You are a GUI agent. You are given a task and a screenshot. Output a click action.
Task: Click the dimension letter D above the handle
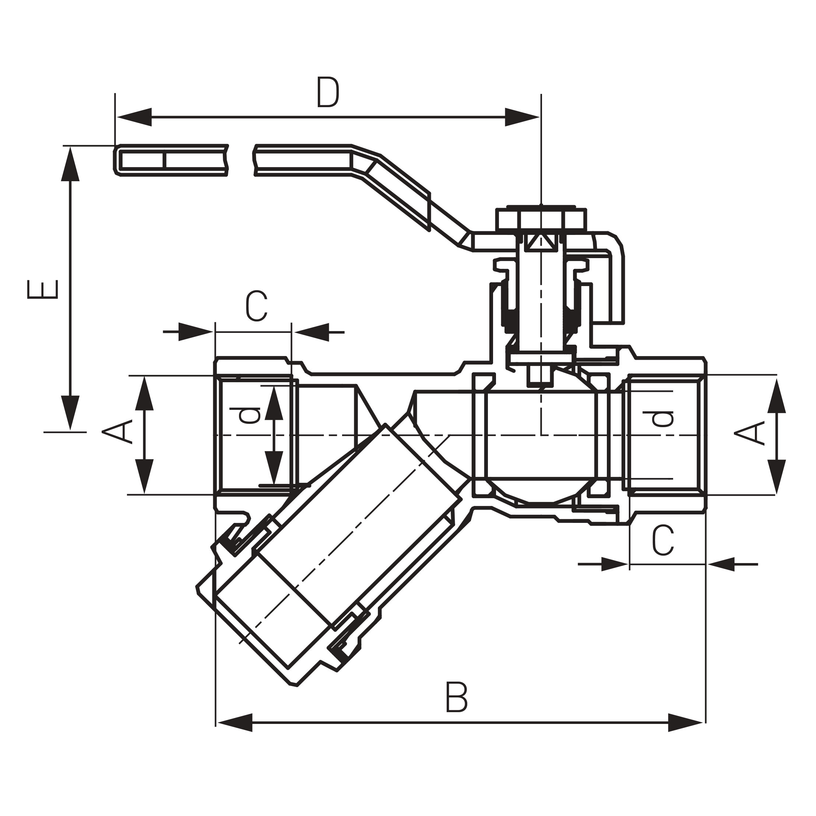pyautogui.click(x=328, y=92)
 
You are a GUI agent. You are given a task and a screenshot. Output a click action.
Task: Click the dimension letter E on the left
pyautogui.click(x=42, y=289)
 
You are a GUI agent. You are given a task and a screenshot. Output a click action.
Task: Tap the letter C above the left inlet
pyautogui.click(x=256, y=306)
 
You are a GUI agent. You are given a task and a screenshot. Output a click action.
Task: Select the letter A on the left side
pyautogui.click(x=117, y=432)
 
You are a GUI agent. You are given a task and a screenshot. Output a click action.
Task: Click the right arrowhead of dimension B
pyautogui.click(x=686, y=723)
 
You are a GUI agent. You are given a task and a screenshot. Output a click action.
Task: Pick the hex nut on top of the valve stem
pyautogui.click(x=541, y=219)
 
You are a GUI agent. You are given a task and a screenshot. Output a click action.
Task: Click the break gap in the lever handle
pyautogui.click(x=241, y=160)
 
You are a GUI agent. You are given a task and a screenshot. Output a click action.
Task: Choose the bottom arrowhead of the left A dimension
pyautogui.click(x=144, y=477)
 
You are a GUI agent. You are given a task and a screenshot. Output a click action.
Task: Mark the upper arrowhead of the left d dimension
pyautogui.click(x=274, y=402)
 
